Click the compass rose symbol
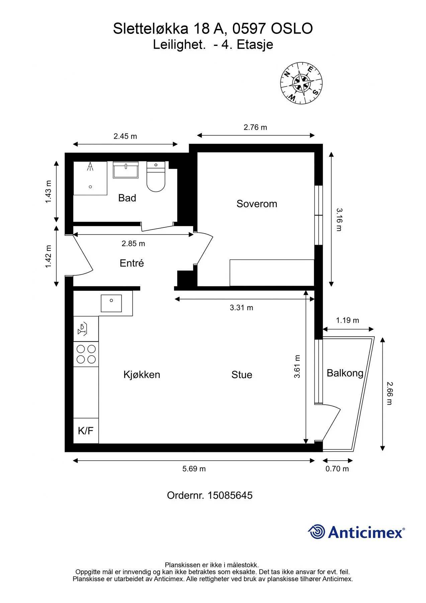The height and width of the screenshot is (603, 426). [301, 83]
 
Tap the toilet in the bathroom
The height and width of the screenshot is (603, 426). [156, 177]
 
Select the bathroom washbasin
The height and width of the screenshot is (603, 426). [125, 170]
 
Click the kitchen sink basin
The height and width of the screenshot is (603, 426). [111, 303]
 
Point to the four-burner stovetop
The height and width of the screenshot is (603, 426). [86, 354]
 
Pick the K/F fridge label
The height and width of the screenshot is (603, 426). [86, 431]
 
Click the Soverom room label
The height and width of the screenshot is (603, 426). [257, 204]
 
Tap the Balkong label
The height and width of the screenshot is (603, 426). [345, 373]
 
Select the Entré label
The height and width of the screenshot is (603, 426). [132, 263]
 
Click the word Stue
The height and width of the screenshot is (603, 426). [242, 375]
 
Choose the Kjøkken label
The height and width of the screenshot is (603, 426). [142, 374]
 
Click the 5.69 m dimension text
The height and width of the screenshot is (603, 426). [194, 469]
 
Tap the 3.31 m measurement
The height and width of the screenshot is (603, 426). [242, 308]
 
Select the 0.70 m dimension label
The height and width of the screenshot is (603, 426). [337, 469]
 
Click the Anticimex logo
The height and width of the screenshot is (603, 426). [356, 532]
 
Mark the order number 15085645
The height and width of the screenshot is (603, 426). [230, 495]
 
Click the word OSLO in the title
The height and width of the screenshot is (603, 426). [292, 28]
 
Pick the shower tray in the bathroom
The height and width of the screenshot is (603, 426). [90, 178]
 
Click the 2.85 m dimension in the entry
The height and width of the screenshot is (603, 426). [134, 244]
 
